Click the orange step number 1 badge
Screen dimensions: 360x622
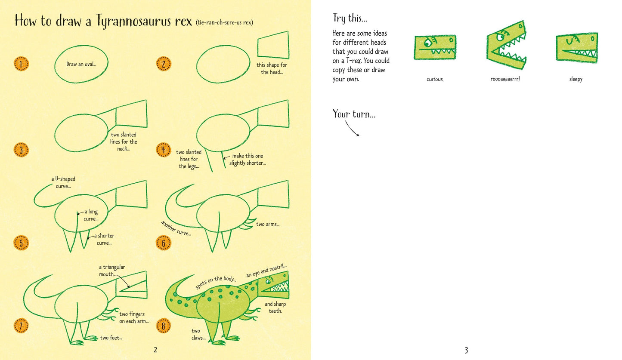click(21, 65)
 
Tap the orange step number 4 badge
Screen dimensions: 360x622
click(163, 150)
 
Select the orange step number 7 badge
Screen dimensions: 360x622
click(21, 326)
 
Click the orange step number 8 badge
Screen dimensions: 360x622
click(163, 326)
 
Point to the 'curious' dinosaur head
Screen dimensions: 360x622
click(435, 47)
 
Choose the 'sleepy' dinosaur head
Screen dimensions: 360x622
click(576, 47)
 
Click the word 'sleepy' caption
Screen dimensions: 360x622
click(576, 80)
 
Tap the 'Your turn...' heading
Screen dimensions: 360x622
click(354, 114)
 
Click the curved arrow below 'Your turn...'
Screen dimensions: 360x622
click(352, 129)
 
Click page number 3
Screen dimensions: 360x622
click(466, 350)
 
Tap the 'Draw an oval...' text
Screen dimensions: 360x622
click(81, 65)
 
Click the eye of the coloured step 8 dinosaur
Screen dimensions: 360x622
click(269, 281)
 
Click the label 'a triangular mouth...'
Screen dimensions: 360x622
click(111, 271)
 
